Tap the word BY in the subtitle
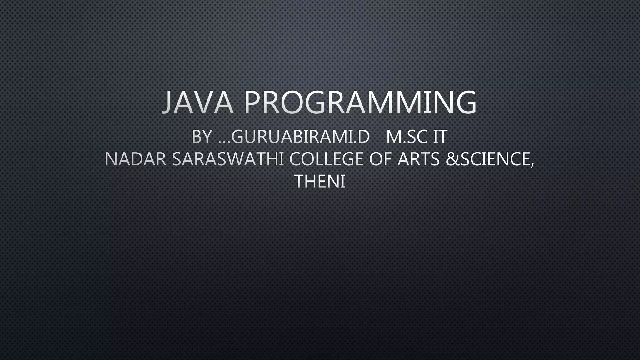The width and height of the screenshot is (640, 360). [202, 137]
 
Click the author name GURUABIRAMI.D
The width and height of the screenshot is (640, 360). [301, 137]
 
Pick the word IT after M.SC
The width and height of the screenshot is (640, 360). [440, 137]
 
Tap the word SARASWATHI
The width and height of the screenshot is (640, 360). [228, 159]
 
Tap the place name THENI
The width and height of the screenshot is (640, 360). [320, 181]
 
